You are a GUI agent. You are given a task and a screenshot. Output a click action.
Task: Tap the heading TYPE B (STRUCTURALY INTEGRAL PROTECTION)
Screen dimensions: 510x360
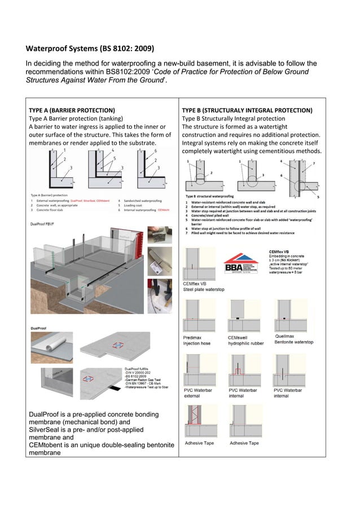[x=246, y=110]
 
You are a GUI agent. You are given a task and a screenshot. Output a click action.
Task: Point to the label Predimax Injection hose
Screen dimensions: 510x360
[x=197, y=339]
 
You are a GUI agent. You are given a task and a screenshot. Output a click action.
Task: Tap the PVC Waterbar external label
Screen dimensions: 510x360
[x=197, y=393]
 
